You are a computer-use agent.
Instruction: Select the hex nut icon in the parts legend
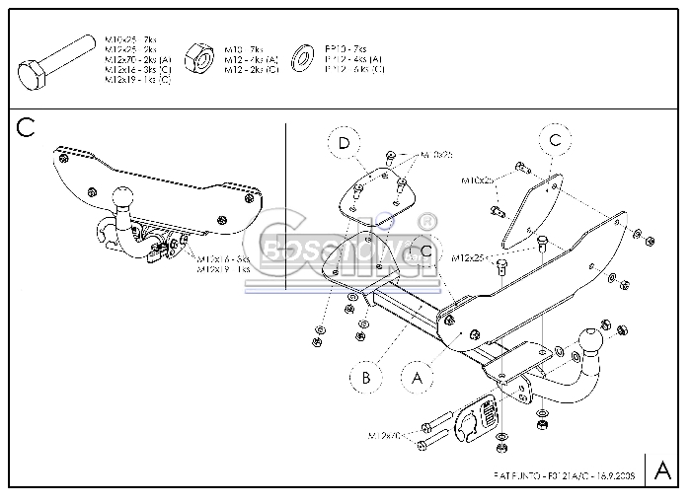203,58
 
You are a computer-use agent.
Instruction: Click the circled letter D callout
345,145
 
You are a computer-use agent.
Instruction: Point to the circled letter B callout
365,377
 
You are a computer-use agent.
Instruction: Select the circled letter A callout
416,377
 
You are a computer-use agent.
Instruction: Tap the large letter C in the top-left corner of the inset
26,127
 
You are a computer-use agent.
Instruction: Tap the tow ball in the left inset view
124,195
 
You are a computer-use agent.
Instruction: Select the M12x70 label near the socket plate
389,435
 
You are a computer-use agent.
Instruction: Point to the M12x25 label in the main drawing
467,257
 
